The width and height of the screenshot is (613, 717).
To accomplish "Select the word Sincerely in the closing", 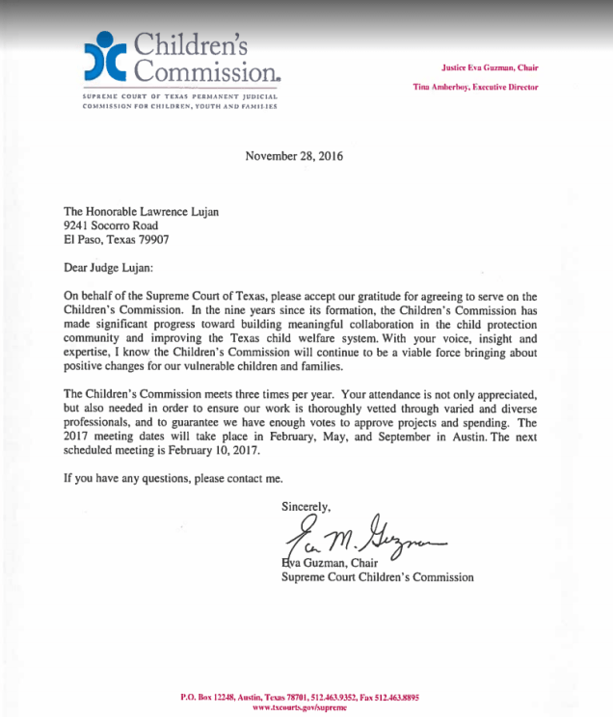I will (x=306, y=506).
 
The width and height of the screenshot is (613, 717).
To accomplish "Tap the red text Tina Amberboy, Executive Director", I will (x=475, y=87).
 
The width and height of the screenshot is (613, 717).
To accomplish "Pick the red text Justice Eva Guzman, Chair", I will (x=489, y=67).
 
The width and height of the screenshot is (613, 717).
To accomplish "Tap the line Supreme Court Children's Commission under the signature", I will (x=378, y=578).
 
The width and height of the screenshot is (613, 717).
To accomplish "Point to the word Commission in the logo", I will (x=206, y=70).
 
